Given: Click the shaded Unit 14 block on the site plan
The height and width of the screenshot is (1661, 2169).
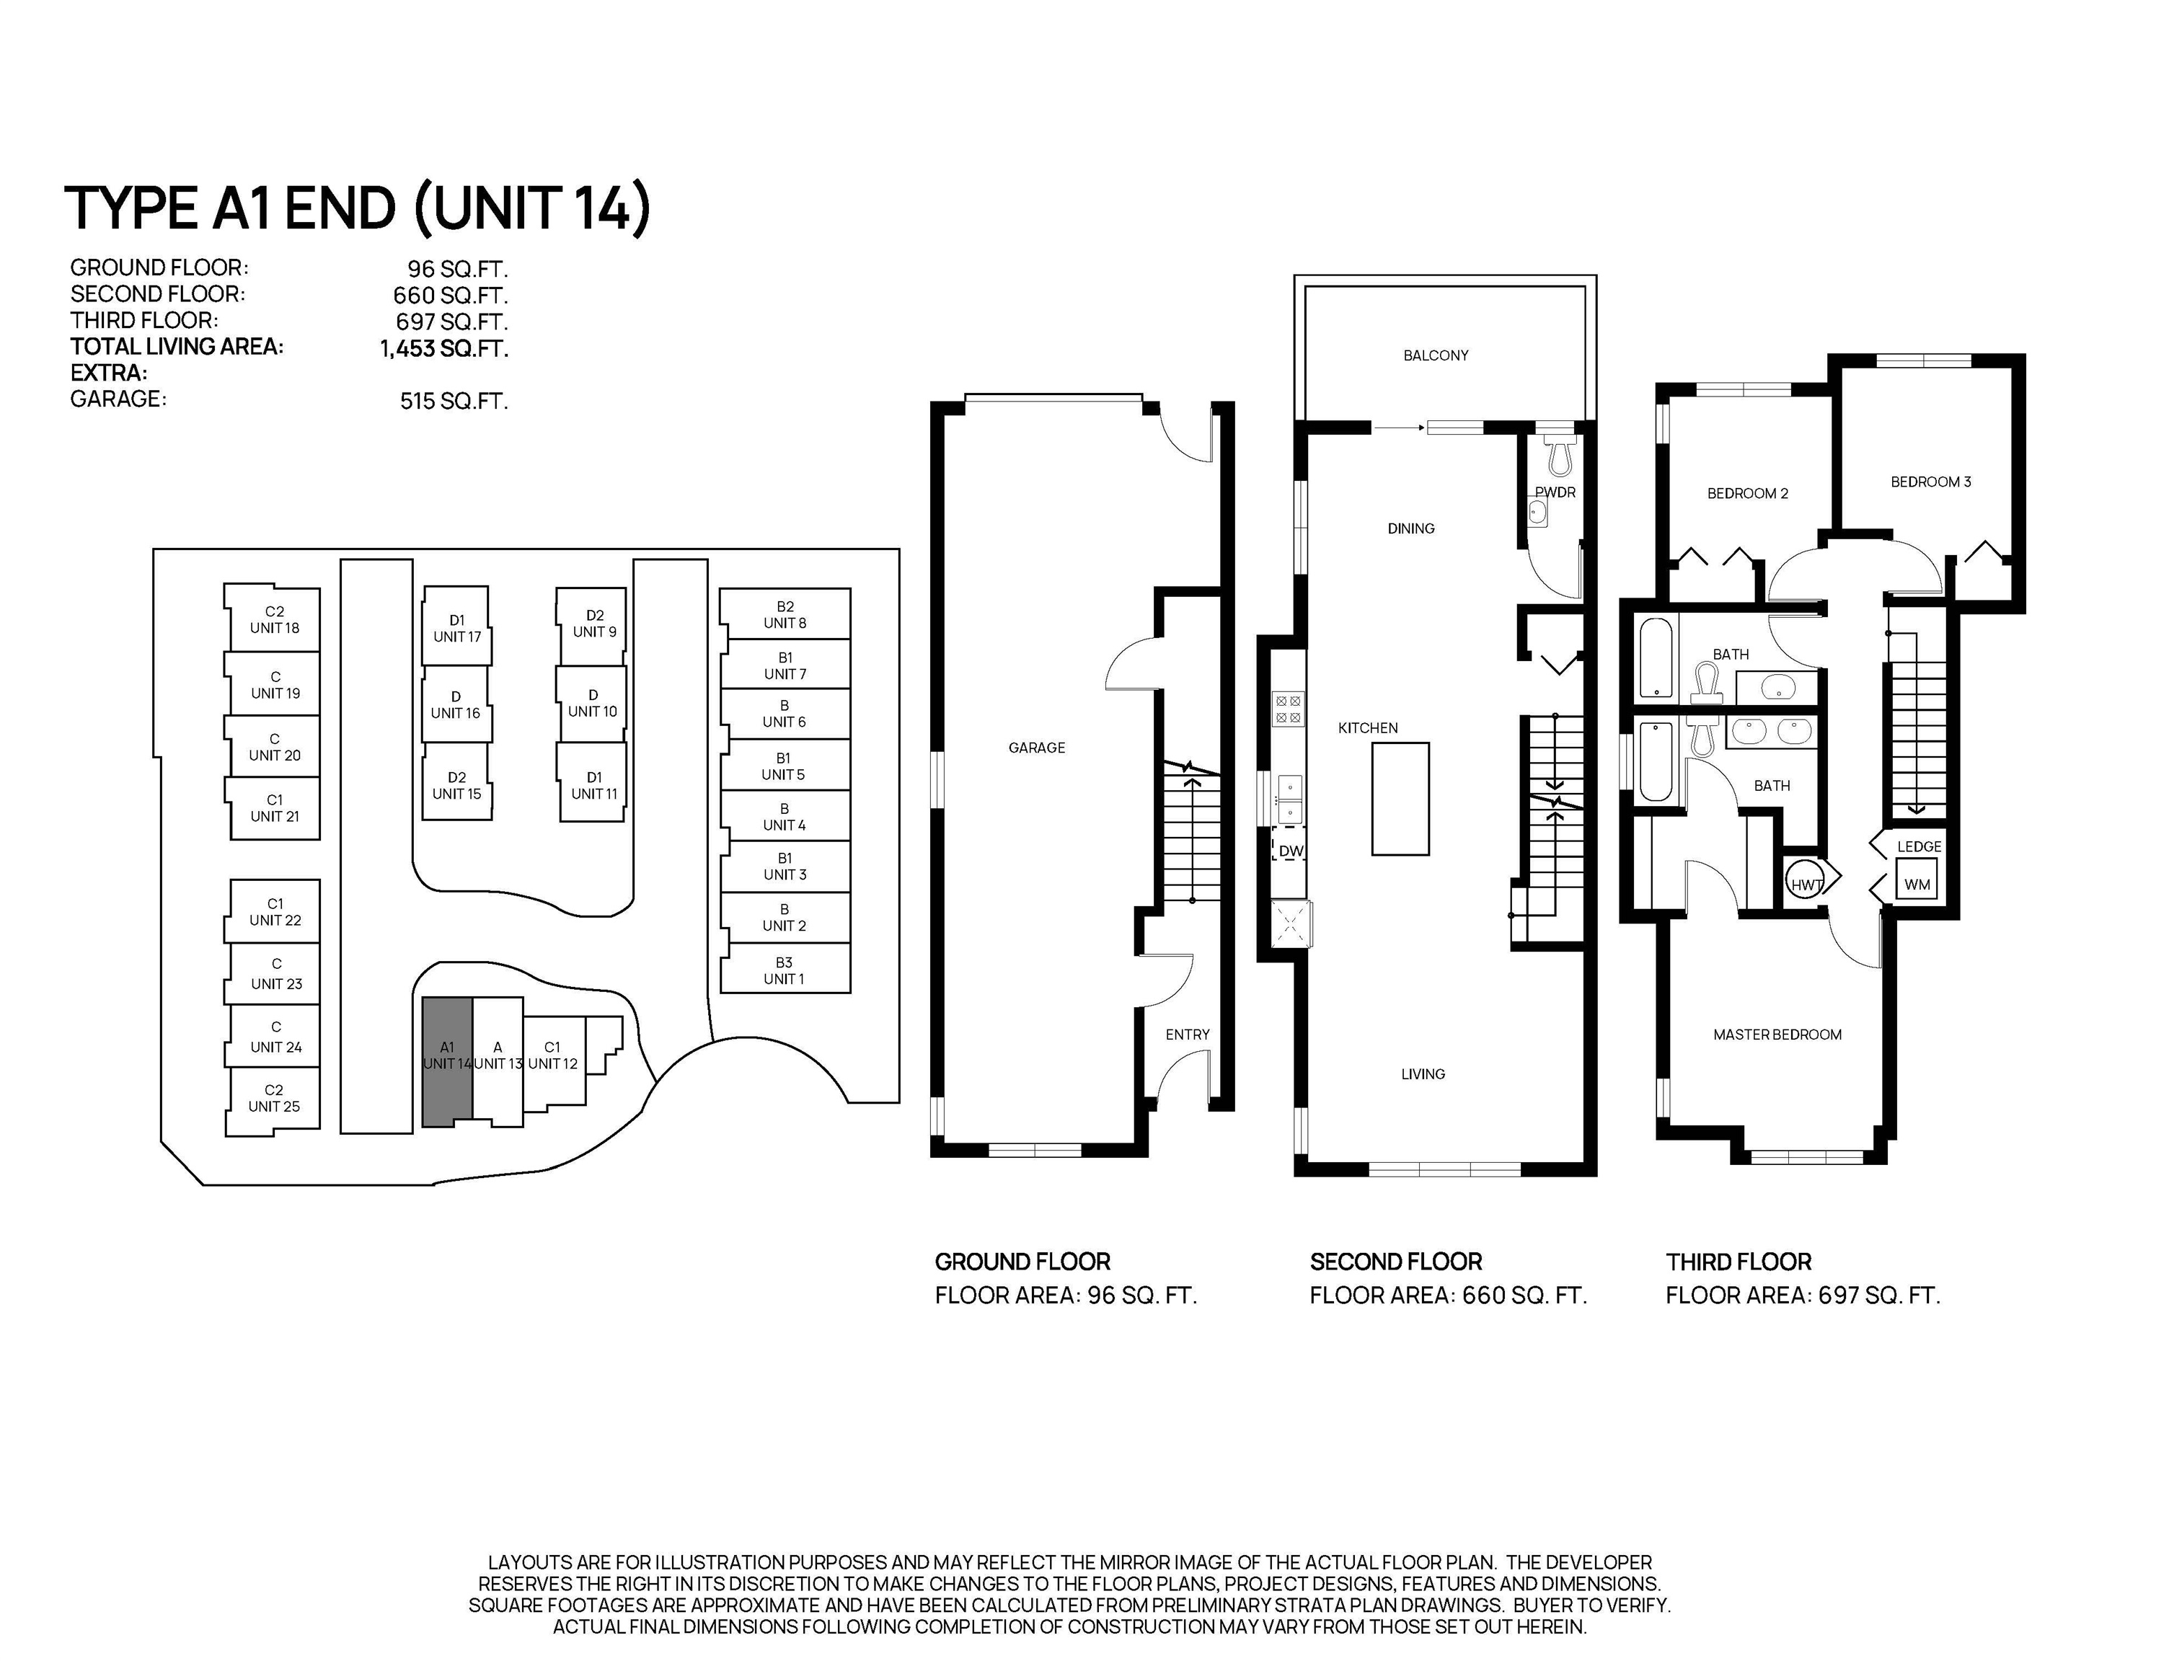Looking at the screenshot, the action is pyautogui.click(x=447, y=1061).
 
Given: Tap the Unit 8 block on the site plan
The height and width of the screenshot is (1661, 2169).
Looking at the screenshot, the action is pyautogui.click(x=785, y=614).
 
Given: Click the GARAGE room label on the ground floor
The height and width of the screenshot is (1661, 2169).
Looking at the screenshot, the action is pyautogui.click(x=1036, y=748).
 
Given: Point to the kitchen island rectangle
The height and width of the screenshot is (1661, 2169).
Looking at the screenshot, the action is pyautogui.click(x=1400, y=799).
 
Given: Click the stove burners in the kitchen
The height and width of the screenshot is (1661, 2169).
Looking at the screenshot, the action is pyautogui.click(x=1289, y=710).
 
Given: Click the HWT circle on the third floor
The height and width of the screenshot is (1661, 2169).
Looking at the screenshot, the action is pyautogui.click(x=1806, y=884).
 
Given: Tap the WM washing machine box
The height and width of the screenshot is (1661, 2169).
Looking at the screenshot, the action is pyautogui.click(x=1917, y=884).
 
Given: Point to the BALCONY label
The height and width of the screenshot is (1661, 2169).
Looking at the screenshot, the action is pyautogui.click(x=1436, y=355).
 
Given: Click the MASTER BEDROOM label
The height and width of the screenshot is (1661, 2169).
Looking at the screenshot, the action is pyautogui.click(x=1777, y=1035).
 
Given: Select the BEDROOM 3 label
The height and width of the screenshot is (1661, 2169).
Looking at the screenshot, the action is pyautogui.click(x=1930, y=482).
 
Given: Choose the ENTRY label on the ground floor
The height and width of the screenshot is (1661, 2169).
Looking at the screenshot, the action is pyautogui.click(x=1187, y=1035).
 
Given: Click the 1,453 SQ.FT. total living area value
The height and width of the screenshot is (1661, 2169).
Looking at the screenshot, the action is pyautogui.click(x=444, y=348).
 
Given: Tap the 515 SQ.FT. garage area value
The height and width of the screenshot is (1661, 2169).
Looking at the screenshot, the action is pyautogui.click(x=454, y=400).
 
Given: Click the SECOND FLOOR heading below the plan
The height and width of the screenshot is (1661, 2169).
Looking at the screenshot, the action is pyautogui.click(x=1395, y=1262).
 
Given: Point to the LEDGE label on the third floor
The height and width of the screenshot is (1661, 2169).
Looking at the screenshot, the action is pyautogui.click(x=1919, y=846).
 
